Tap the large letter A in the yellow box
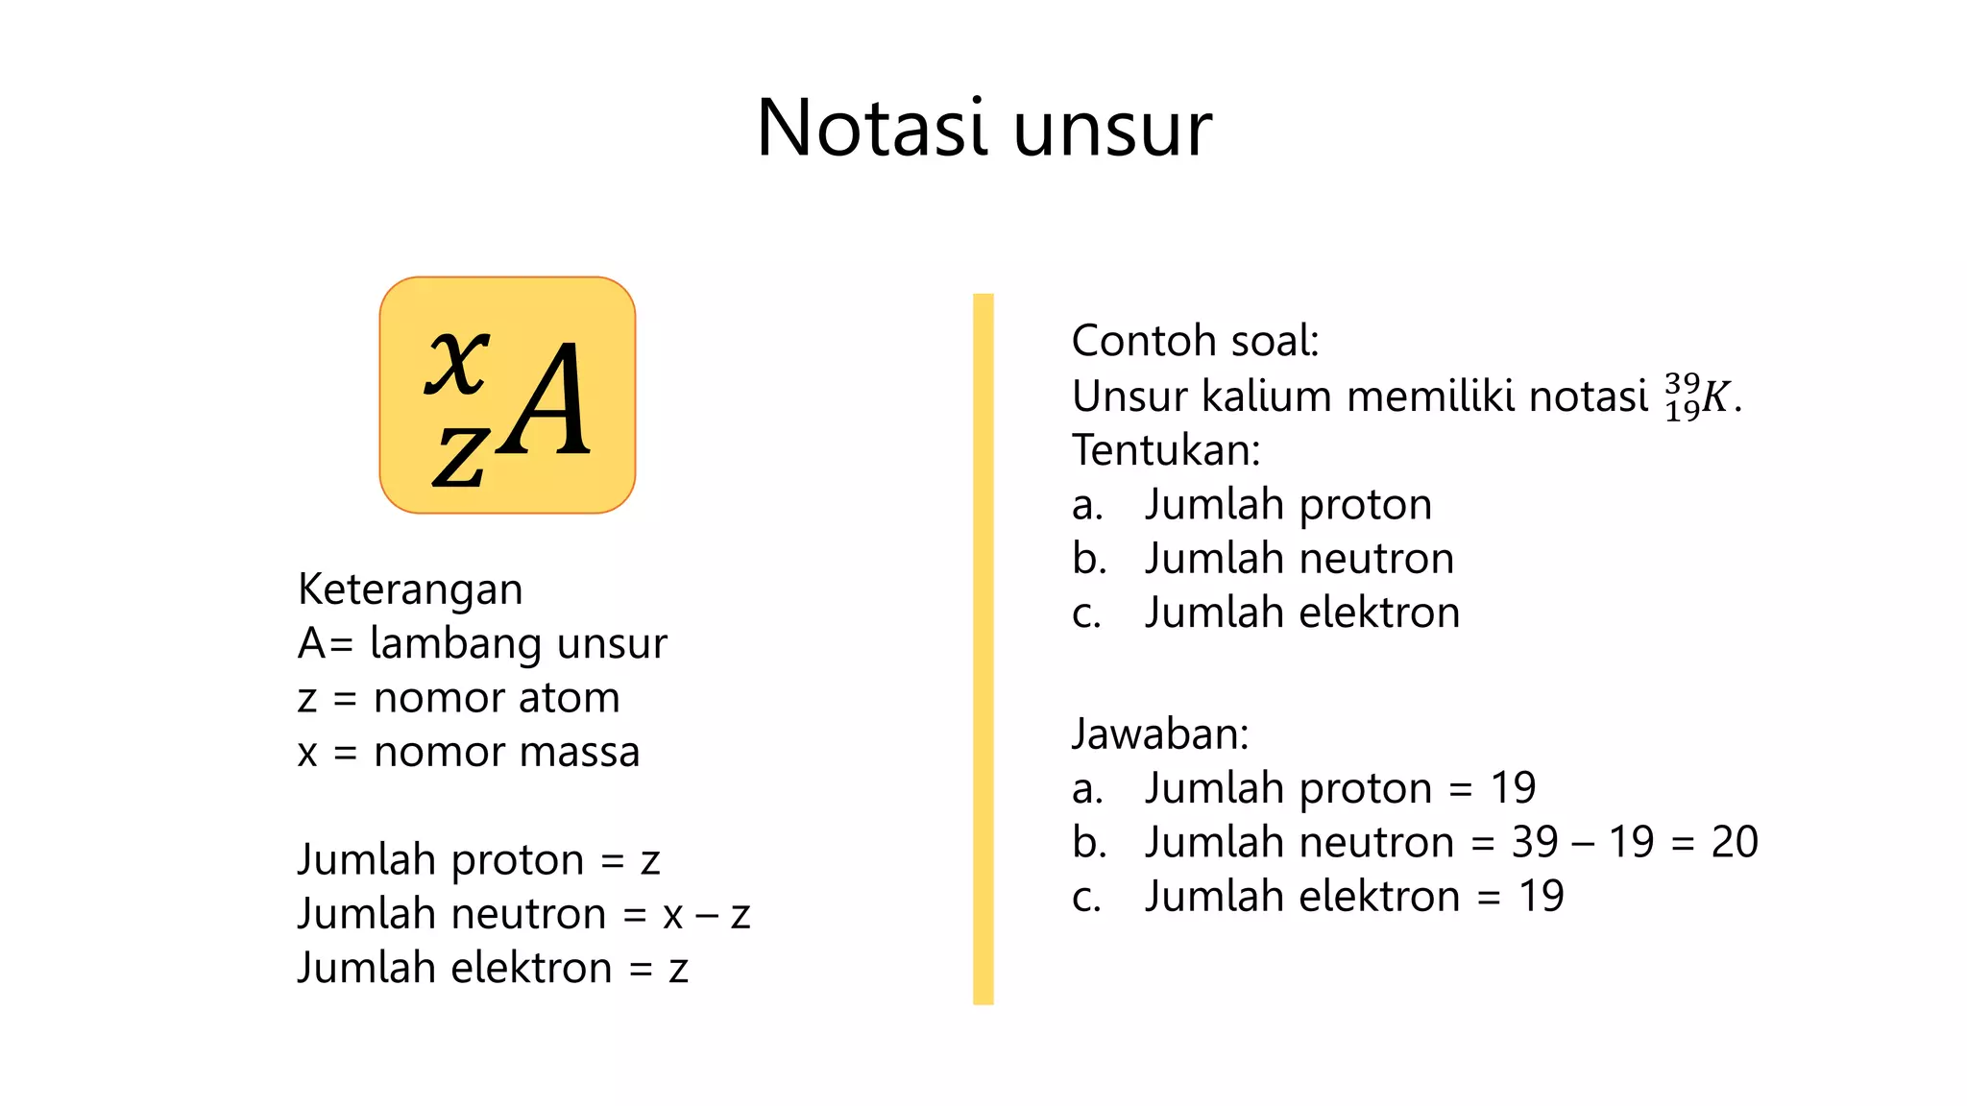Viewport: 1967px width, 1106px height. pos(546,400)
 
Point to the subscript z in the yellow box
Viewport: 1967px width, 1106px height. pos(459,455)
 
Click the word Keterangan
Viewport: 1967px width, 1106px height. pos(410,589)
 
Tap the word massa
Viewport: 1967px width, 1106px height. pos(585,752)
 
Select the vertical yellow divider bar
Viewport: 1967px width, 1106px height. pos(983,648)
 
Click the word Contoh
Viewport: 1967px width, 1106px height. pos(1136,341)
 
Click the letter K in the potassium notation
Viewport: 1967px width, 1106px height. pos(1715,397)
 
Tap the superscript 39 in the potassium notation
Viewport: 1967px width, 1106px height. pos(1682,382)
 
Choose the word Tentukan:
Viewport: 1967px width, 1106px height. pos(1166,450)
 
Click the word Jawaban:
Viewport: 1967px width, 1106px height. pos(1160,734)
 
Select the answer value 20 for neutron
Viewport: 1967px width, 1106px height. pos(1735,842)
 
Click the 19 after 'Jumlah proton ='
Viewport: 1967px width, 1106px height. pos(1513,788)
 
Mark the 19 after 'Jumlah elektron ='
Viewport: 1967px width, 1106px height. pos(1541,897)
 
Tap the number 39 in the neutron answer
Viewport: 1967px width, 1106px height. pos(1535,842)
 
